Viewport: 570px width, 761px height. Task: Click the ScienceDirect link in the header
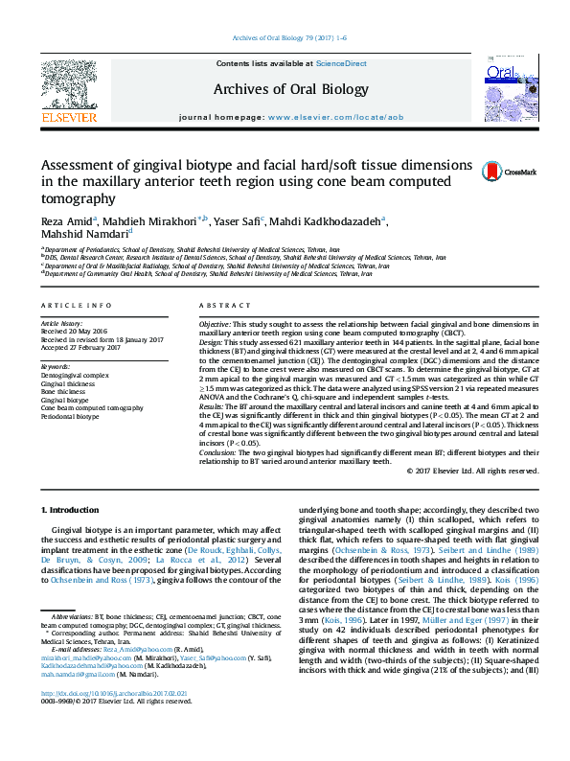point(342,64)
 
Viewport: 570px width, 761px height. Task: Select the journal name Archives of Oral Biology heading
point(291,89)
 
